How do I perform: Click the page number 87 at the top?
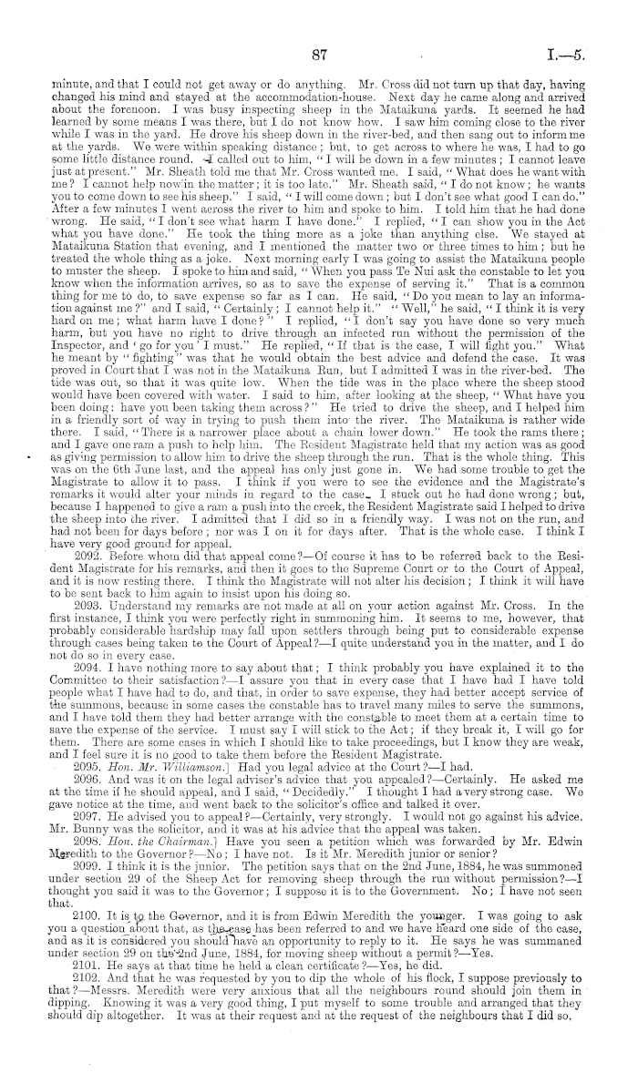(x=318, y=55)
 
